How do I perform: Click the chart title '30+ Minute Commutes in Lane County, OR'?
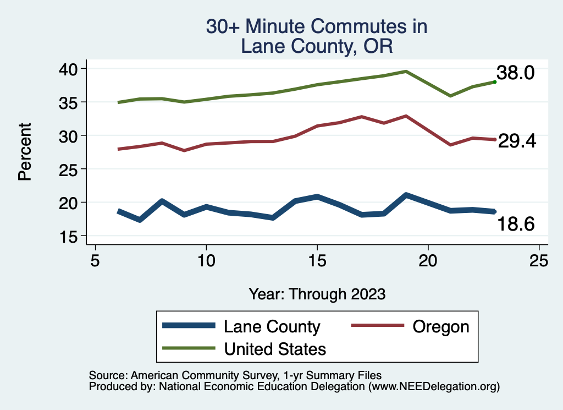(x=316, y=36)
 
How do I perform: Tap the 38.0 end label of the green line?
(x=515, y=73)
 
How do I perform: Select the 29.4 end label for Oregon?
(x=517, y=141)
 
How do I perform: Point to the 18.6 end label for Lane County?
(x=516, y=224)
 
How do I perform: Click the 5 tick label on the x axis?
(x=96, y=260)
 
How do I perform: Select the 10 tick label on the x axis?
(x=206, y=260)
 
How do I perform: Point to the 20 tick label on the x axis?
(x=428, y=260)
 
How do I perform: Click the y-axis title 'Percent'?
(x=25, y=152)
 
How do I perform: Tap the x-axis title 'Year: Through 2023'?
(x=317, y=294)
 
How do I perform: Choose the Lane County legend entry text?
(x=272, y=326)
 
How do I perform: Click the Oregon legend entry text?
(x=440, y=326)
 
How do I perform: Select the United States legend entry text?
(x=275, y=349)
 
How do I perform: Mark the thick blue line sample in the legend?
(x=188, y=326)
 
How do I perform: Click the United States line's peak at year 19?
(x=406, y=71)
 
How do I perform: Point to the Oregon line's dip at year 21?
(x=450, y=145)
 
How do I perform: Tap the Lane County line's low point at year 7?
(x=140, y=220)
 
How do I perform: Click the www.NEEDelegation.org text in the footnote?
(x=434, y=387)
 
